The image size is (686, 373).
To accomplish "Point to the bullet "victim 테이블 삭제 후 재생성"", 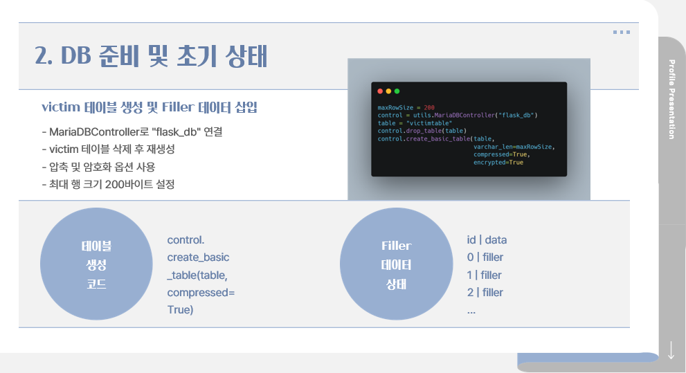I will pyautogui.click(x=109, y=149).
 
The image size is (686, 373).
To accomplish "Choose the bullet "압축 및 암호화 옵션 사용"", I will pyautogui.click(x=98, y=167).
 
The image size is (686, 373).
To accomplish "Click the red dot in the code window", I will pyautogui.click(x=380, y=91).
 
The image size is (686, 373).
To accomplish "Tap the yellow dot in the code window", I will pyautogui.click(x=388, y=91).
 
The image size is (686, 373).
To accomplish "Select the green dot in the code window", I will pyautogui.click(x=397, y=91).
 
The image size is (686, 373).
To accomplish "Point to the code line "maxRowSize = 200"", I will pyautogui.click(x=406, y=108).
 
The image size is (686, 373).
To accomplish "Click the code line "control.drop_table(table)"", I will pyautogui.click(x=422, y=131).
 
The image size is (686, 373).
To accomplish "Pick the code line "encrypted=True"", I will pyautogui.click(x=498, y=162).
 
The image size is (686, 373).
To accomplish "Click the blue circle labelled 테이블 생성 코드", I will pyautogui.click(x=96, y=264).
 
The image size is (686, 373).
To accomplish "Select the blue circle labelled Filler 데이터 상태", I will pyautogui.click(x=396, y=264).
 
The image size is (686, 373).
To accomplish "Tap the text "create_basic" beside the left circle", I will pyautogui.click(x=198, y=257).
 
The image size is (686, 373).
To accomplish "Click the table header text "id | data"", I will pyautogui.click(x=487, y=240).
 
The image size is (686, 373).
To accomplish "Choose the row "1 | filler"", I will pyautogui.click(x=485, y=275).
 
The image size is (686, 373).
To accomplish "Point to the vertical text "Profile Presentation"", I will pyautogui.click(x=671, y=100).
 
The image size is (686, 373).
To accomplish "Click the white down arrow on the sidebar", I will pyautogui.click(x=671, y=349).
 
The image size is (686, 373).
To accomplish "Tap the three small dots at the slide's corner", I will pyautogui.click(x=621, y=32).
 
